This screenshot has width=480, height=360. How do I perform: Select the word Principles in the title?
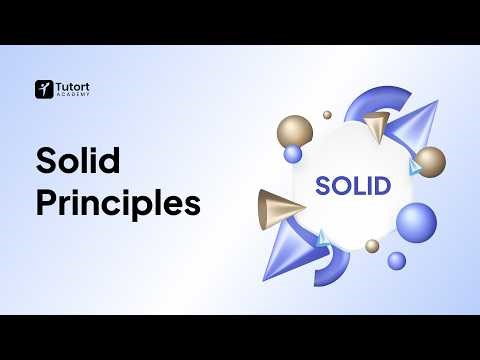point(118,202)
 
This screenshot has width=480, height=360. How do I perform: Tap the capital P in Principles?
point(46,202)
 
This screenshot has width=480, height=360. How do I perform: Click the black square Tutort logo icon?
point(43,89)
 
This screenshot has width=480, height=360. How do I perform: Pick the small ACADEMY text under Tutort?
point(70,96)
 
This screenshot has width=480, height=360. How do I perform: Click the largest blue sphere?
point(416,221)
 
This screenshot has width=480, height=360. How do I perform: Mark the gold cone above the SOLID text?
point(375,126)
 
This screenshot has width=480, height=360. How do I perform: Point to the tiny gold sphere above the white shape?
point(327,115)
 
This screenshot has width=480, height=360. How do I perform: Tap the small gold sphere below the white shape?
point(372,245)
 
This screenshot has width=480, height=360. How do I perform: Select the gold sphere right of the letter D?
point(430,162)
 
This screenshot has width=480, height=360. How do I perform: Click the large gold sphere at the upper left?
point(294,132)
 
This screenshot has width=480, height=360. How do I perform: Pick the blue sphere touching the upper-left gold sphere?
point(293,154)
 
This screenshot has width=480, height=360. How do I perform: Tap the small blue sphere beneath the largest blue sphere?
point(397,260)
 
